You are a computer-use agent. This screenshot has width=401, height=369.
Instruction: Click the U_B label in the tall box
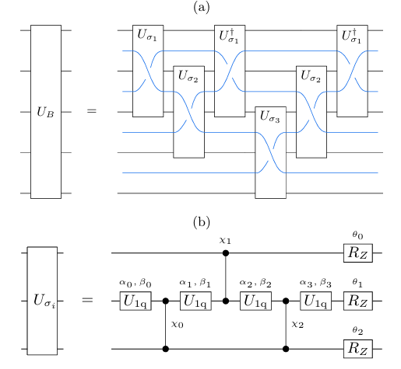click(45, 112)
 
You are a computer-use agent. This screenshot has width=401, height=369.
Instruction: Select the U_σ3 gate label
click(270, 117)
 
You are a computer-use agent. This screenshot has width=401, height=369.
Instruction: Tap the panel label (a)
click(202, 7)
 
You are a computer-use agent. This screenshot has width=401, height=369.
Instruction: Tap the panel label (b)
click(202, 222)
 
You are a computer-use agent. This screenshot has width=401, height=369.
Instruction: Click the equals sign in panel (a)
click(92, 111)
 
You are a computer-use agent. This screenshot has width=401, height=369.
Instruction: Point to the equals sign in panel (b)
click(87, 300)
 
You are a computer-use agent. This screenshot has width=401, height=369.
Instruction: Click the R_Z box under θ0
click(358, 253)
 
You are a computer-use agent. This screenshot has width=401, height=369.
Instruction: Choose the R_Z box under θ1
click(358, 301)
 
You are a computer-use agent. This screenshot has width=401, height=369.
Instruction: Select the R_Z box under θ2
click(358, 349)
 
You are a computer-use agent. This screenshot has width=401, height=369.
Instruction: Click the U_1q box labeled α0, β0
click(135, 301)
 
